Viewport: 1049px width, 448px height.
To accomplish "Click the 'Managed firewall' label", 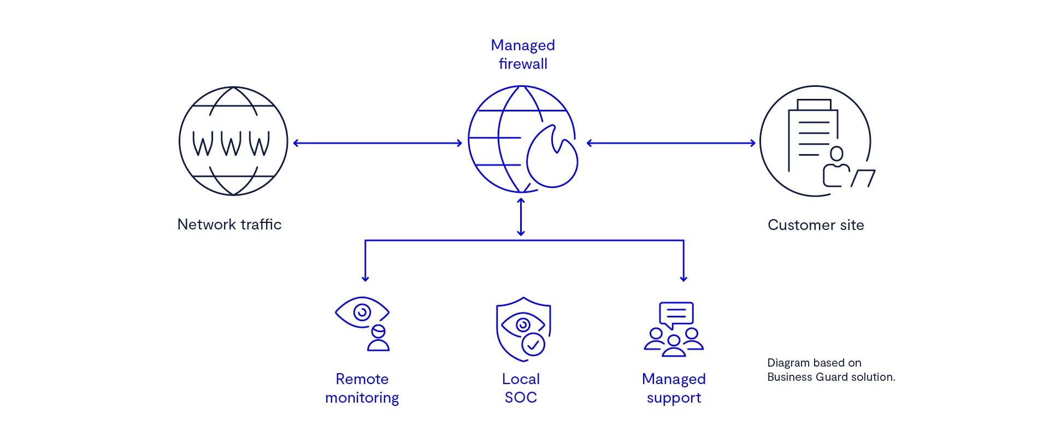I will click(523, 54).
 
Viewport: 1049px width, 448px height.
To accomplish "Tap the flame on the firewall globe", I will click(552, 158).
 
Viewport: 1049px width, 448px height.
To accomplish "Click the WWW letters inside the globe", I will click(231, 143).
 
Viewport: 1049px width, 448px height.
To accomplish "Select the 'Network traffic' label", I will click(229, 225).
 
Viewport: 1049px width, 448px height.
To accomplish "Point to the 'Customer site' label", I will click(816, 225).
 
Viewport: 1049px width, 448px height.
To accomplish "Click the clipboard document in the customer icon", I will click(812, 134).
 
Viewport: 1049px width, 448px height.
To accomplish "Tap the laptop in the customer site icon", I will click(863, 178).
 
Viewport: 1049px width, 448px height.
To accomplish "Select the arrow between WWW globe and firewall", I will click(378, 143).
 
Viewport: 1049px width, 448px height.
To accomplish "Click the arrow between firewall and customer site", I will click(671, 143).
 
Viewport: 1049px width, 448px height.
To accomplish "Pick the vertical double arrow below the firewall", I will click(521, 217).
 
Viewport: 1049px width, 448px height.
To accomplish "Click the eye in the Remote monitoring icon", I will click(361, 312).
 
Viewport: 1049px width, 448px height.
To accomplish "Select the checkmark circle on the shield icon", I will click(533, 345).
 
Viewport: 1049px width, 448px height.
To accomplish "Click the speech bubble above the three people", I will click(676, 314).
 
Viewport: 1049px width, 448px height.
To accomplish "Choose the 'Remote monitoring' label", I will click(362, 388).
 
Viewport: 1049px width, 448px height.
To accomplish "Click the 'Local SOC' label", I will click(521, 388).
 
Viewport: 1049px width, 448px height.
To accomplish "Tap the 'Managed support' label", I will click(674, 388).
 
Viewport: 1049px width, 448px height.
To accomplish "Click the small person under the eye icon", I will click(378, 339).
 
